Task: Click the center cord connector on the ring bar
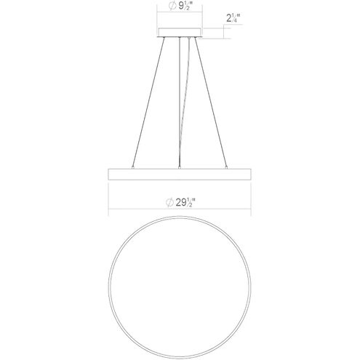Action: (x=179, y=167)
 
